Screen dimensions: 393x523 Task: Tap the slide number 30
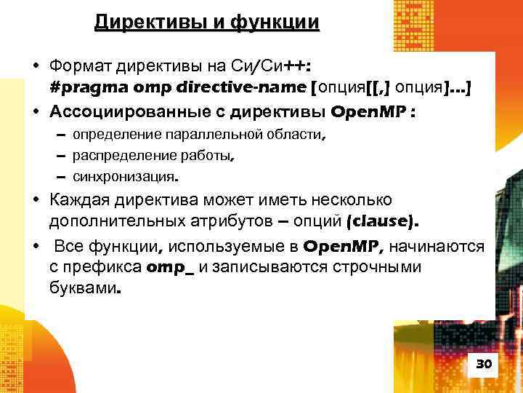483,364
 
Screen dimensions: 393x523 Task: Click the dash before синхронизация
60,175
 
